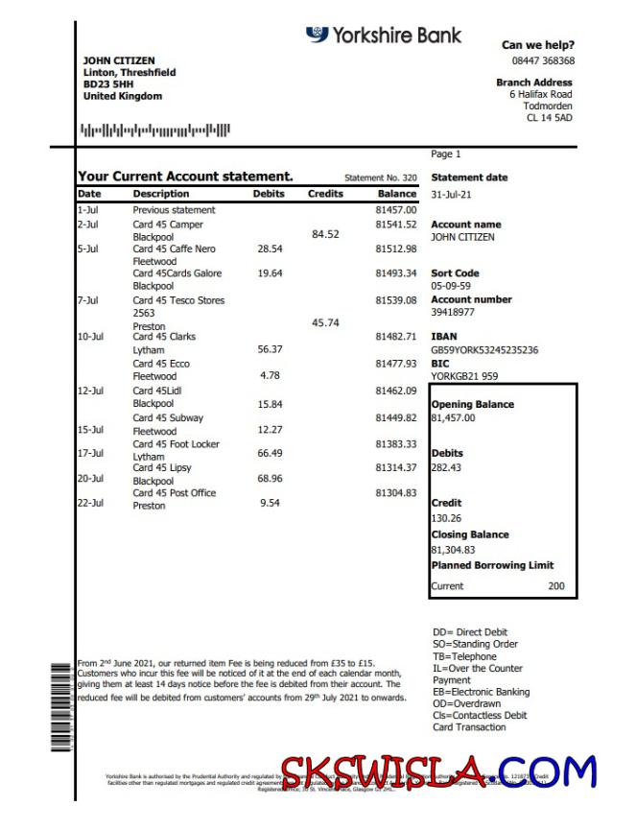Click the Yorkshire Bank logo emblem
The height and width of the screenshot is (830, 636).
click(x=317, y=35)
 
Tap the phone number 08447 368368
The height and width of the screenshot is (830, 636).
click(x=543, y=60)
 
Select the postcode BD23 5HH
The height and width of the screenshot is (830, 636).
click(x=107, y=84)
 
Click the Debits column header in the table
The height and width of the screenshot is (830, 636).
click(x=269, y=194)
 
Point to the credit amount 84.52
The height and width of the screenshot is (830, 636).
click(x=326, y=233)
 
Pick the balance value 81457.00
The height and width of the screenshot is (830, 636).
click(x=396, y=209)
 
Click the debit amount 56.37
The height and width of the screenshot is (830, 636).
click(x=271, y=349)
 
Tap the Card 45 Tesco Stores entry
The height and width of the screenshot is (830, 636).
click(x=178, y=300)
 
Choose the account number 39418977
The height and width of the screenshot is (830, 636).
click(x=453, y=312)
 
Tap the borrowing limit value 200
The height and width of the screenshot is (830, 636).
click(x=556, y=585)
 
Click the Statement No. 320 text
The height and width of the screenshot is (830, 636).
click(x=381, y=178)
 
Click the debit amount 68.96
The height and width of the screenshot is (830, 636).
click(x=271, y=478)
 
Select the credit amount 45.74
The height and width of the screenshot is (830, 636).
click(x=326, y=323)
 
